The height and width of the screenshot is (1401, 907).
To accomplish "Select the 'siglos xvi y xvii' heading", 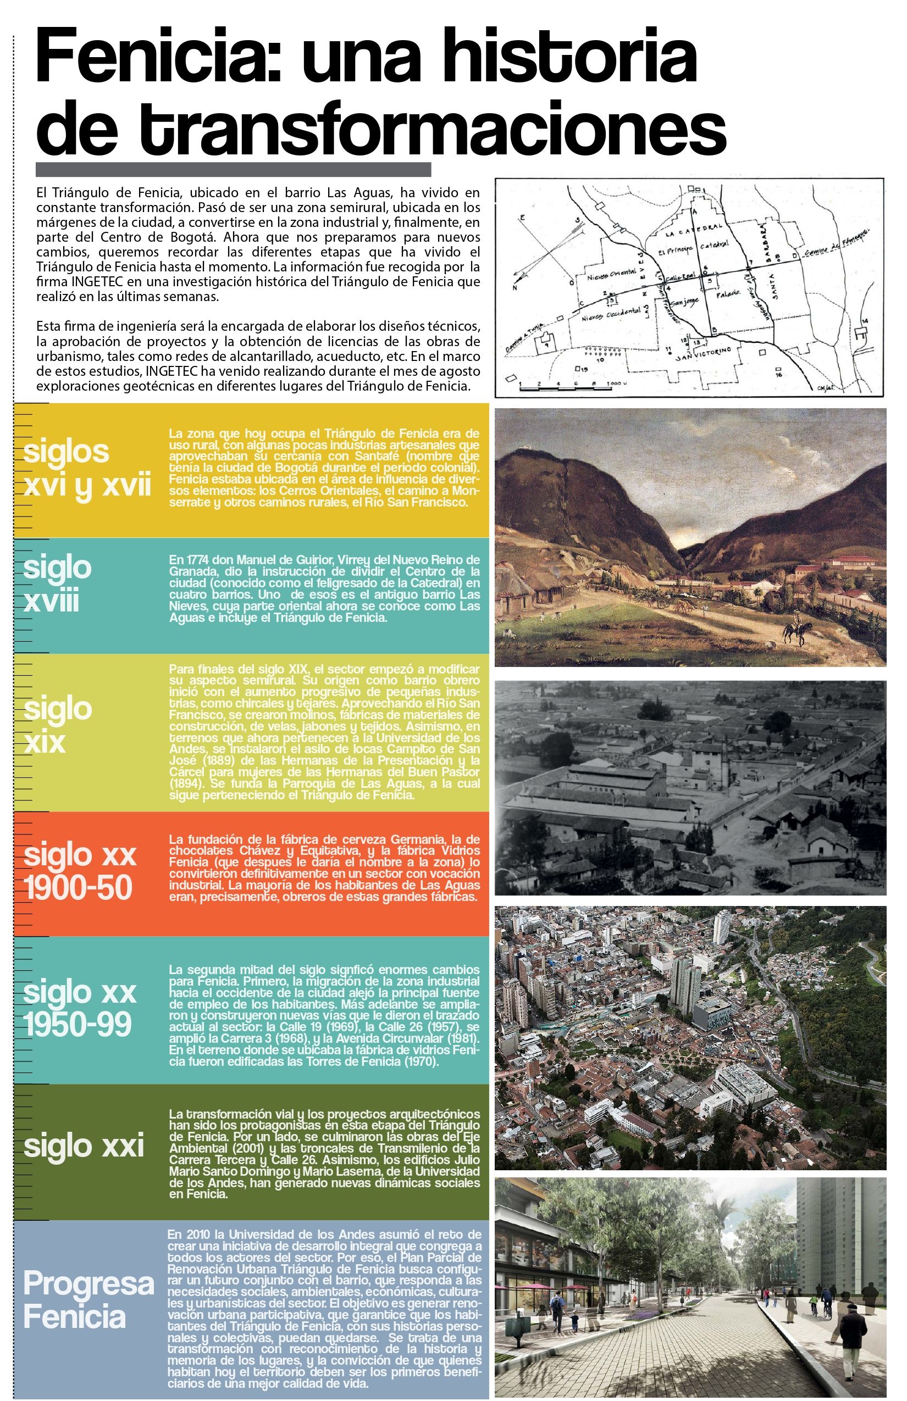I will tap(87, 469).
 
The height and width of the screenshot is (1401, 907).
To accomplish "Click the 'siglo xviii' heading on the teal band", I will tap(58, 584).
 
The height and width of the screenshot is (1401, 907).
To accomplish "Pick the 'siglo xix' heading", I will tap(58, 725).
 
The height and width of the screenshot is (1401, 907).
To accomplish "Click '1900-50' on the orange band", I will tap(78, 888).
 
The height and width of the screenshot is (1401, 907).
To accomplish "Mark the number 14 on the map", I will tap(865, 320).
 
